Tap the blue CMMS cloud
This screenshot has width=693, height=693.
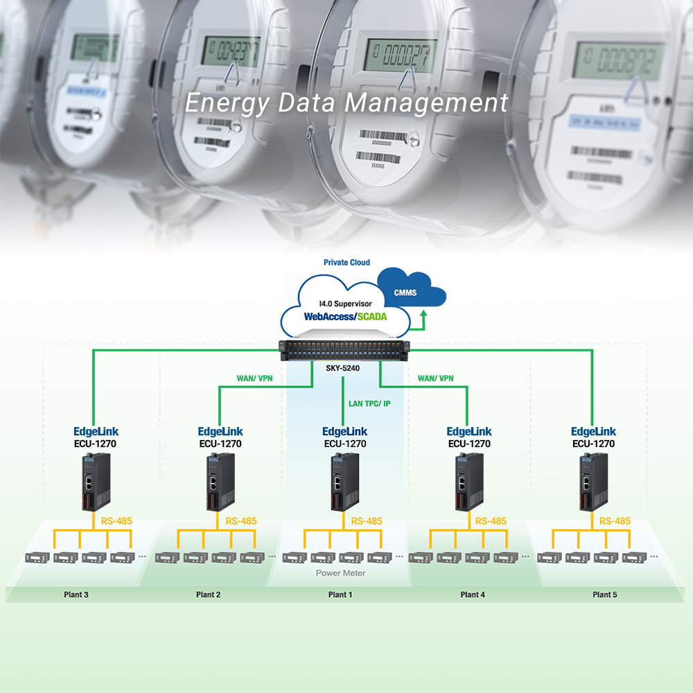pyautogui.click(x=407, y=292)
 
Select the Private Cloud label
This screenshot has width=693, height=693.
pyautogui.click(x=346, y=263)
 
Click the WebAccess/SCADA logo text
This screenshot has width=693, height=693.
pyautogui.click(x=345, y=316)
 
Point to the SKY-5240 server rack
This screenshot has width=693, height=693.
pyautogui.click(x=345, y=352)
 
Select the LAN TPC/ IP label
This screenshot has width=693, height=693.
pyautogui.click(x=369, y=403)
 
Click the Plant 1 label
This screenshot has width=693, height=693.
pyautogui.click(x=340, y=595)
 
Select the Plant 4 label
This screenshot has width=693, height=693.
pyautogui.click(x=473, y=595)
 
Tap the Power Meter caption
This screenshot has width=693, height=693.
pyautogui.click(x=340, y=573)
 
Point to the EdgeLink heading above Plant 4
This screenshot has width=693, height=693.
pyautogui.click(x=469, y=431)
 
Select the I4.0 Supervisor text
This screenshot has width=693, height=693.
pyautogui.click(x=345, y=304)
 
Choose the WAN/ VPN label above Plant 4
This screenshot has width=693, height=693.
pyautogui.click(x=435, y=378)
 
